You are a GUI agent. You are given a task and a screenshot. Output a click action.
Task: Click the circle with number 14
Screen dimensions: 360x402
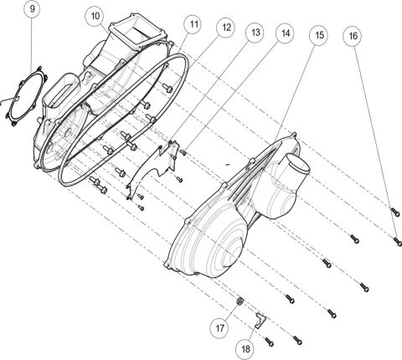coord(285,34)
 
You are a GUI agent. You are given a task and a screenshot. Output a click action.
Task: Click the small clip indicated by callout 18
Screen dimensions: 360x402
coord(260,318)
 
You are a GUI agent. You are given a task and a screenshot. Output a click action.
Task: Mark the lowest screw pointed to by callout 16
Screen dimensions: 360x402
coord(396,239)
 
